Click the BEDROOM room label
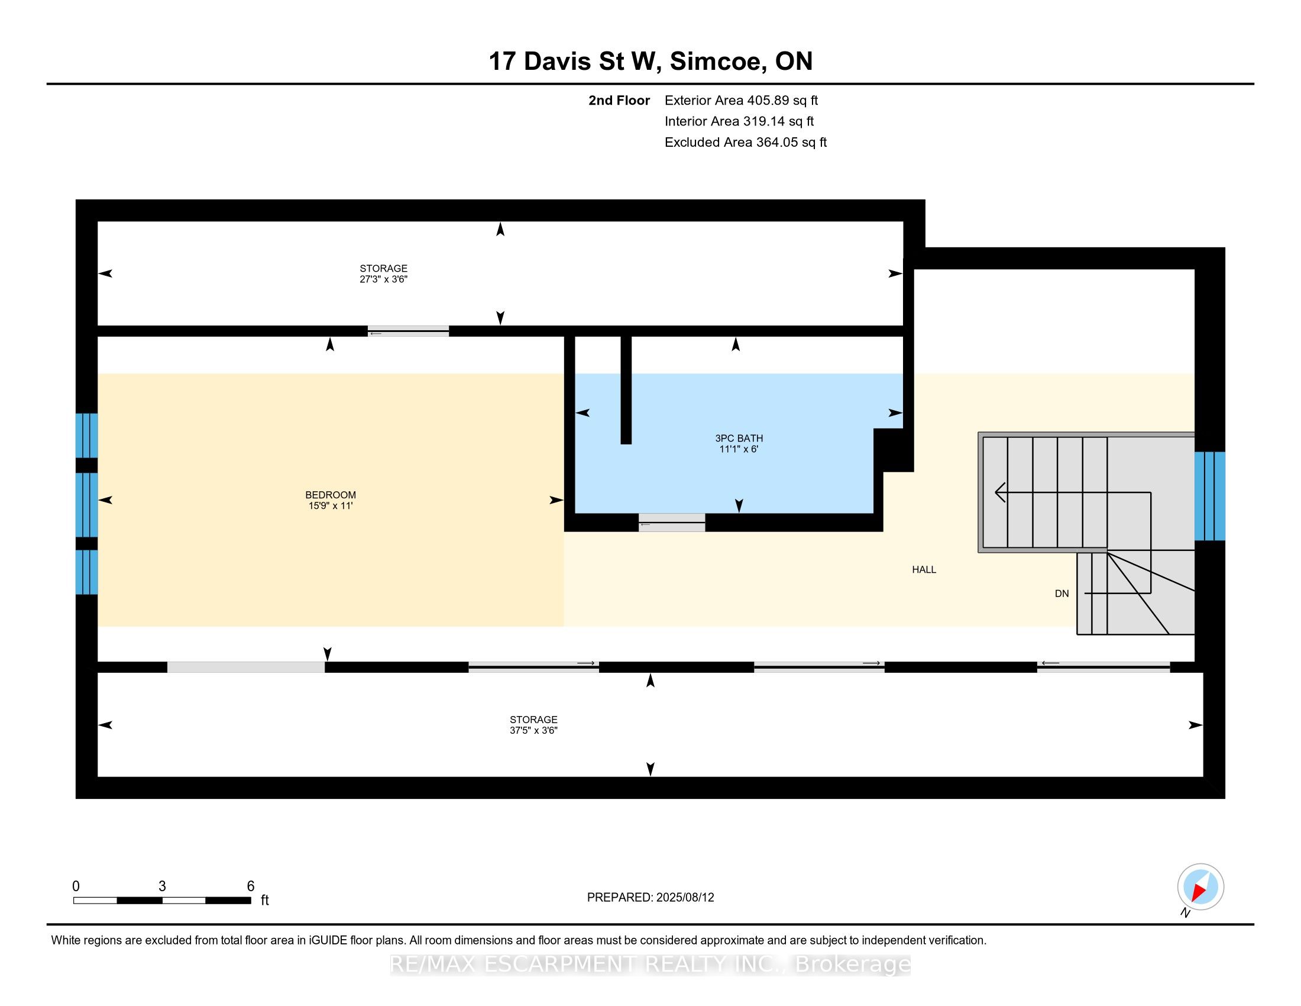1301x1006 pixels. point(330,495)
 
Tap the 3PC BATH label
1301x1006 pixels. point(739,438)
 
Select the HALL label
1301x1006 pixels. point(923,570)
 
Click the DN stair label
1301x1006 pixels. point(1061,594)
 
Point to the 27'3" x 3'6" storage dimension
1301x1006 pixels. point(383,279)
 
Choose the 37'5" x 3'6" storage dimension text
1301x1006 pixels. point(533,730)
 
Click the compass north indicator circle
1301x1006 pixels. point(1200,887)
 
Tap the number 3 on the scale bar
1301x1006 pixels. point(162,886)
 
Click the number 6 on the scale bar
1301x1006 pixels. point(251,886)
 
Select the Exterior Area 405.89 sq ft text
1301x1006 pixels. point(741,101)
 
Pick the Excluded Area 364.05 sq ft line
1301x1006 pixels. point(745,143)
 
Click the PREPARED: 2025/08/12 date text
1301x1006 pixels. point(650,898)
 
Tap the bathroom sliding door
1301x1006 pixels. point(671,523)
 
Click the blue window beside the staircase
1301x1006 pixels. point(1209,496)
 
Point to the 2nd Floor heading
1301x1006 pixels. point(619,101)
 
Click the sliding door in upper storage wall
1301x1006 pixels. point(408,331)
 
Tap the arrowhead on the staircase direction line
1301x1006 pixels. point(1000,492)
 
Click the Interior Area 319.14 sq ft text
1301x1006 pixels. point(739,121)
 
